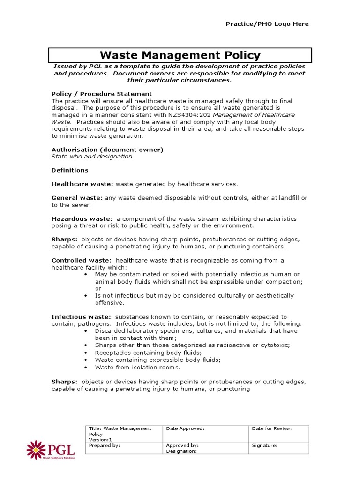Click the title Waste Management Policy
180,55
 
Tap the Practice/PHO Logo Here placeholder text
268,24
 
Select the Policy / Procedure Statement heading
101,94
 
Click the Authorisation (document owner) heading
107,150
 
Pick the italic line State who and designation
91,157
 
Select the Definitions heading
69,170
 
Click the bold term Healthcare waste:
82,184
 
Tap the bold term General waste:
77,198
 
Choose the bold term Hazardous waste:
82,219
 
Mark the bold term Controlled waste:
81,260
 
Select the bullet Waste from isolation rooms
137,367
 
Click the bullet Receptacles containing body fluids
148,352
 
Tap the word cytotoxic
274,345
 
